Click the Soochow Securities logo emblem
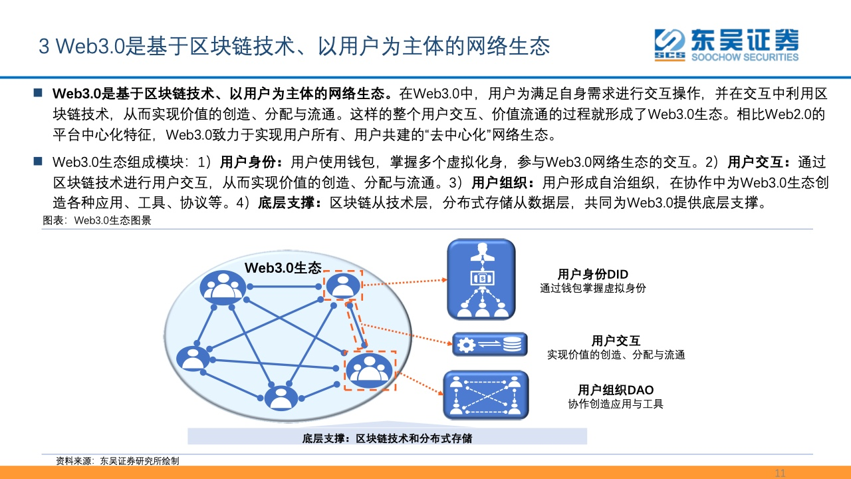tap(669, 45)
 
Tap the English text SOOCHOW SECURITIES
tap(745, 57)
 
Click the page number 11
tap(780, 473)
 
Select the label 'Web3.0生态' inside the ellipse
tap(283, 267)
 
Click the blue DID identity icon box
tap(481, 279)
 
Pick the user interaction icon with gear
tap(490, 345)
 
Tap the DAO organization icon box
tap(486, 395)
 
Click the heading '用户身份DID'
tap(592, 274)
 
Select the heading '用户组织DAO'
tap(616, 390)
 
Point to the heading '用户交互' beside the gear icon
tap(616, 341)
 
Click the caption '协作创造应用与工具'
tap(616, 404)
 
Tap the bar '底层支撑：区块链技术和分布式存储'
tap(387, 437)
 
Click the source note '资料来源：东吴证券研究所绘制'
tap(118, 461)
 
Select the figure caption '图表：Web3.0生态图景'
tap(97, 220)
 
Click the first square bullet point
tap(38, 92)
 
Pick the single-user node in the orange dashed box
tap(343, 285)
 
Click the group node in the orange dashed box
tap(369, 371)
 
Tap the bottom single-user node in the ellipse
tap(281, 398)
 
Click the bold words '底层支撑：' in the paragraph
tap(290, 203)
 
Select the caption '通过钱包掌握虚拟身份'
tap(592, 288)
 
